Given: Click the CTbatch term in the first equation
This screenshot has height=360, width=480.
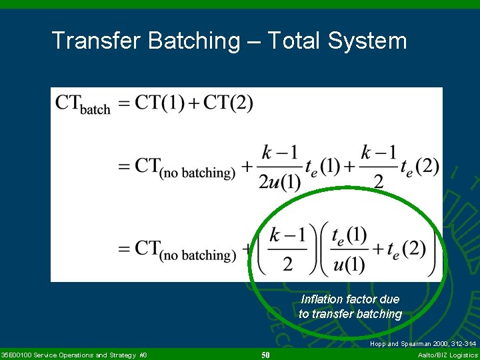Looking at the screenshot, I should click(x=83, y=104).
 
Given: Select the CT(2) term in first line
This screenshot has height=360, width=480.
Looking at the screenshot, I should click(x=228, y=103).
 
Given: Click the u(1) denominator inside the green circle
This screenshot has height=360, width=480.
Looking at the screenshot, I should click(x=349, y=265).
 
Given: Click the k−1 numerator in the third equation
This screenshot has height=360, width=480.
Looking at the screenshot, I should click(x=288, y=235).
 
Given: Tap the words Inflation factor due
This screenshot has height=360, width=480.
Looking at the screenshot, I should click(x=350, y=299).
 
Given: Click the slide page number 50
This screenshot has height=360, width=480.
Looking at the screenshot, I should click(x=265, y=355).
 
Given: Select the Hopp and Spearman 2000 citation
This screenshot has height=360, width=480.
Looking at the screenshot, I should click(x=423, y=344).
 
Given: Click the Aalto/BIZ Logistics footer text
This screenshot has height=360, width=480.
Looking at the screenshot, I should click(x=447, y=355).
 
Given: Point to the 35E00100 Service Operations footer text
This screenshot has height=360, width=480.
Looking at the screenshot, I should click(x=74, y=355).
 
